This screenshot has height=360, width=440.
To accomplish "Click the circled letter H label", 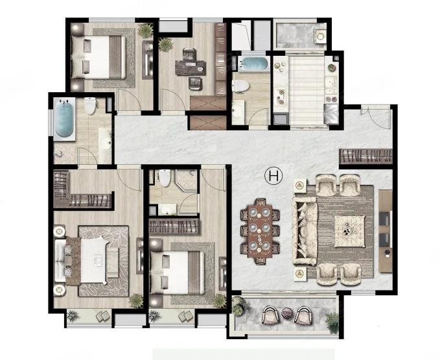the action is tap(273, 176).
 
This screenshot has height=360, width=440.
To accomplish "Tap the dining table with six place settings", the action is tap(260, 231).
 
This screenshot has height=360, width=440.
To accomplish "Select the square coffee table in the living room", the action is tap(350, 231).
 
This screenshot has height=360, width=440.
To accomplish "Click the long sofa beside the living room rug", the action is tap(305, 231).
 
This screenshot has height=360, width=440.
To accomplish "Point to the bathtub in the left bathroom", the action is tap(65, 118).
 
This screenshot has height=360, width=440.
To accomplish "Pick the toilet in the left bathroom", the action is tap(91, 105).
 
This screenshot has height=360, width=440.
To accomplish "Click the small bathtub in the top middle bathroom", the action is tap(253, 64).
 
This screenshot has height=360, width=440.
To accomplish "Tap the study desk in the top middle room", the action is tap(191, 67).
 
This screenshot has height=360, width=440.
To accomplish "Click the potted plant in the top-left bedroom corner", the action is tap(145, 30).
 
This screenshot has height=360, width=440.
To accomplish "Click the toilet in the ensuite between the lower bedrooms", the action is tap(165, 178).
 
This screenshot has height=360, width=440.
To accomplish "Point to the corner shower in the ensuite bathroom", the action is tap(187, 180).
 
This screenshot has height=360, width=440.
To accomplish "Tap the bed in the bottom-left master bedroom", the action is tap(94, 260).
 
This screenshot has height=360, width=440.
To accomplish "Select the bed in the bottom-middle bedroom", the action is tap(178, 272).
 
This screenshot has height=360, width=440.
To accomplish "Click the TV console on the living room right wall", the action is tap(386, 231).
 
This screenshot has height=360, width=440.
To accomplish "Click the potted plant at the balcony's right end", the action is tap(332, 322).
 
